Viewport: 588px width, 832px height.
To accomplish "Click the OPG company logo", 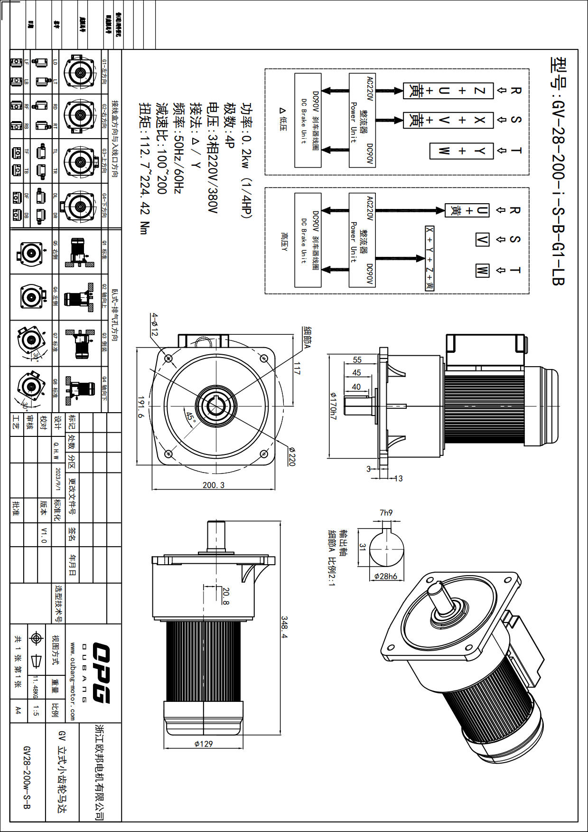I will click(x=101, y=673).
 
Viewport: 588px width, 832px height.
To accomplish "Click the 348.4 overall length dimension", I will click(x=285, y=628).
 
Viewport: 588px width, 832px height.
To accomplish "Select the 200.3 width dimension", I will click(x=214, y=485).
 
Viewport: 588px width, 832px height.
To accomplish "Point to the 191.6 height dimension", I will click(x=141, y=407).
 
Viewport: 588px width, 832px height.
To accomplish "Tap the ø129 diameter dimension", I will click(x=204, y=744).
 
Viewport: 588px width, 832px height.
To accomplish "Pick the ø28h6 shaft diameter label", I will click(x=386, y=576).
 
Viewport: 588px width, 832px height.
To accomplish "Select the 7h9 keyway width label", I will click(x=386, y=513).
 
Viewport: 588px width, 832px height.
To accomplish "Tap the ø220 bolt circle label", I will click(x=291, y=456).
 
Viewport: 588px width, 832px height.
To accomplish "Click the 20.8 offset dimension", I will click(x=226, y=596).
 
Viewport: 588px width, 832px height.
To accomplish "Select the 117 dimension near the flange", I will click(x=297, y=368).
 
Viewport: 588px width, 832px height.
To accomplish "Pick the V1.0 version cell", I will click(x=44, y=535).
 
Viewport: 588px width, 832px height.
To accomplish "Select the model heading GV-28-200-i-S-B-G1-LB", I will click(x=558, y=171).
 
